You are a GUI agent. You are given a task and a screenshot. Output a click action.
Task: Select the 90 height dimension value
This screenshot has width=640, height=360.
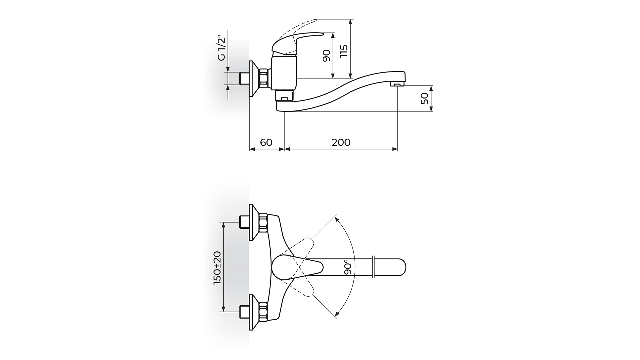tap(326, 55)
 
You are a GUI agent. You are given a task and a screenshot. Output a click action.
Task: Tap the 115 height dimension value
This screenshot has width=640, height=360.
tap(344, 51)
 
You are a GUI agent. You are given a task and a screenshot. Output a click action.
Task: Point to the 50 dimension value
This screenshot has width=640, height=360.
tap(424, 99)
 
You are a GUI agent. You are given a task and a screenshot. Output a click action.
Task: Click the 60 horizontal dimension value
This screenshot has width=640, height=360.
tap(266, 142)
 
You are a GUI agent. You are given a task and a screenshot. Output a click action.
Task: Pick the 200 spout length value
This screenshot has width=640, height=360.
tap(341, 142)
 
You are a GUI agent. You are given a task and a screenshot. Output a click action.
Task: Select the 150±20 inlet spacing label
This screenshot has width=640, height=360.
tap(217, 268)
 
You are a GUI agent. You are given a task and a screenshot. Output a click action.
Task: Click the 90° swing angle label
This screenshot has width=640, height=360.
tap(348, 267)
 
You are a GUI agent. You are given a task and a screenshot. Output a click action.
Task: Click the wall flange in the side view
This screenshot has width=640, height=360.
tap(254, 79)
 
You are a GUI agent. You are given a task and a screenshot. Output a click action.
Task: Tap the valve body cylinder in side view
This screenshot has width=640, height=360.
tap(284, 73)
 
